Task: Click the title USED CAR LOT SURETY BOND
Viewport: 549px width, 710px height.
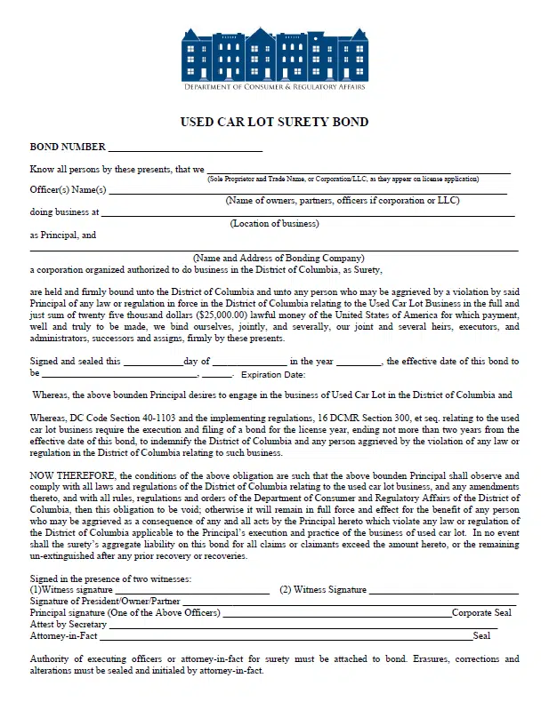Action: click(274, 122)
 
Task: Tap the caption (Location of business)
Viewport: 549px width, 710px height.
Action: click(274, 223)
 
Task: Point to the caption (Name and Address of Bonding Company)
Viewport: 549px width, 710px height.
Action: click(279, 258)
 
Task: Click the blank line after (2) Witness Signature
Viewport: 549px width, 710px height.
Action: click(443, 590)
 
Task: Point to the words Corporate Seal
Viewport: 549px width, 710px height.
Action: click(481, 613)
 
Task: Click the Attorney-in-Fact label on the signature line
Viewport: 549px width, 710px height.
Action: click(64, 636)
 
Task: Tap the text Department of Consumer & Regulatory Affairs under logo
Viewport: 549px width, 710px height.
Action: click(274, 86)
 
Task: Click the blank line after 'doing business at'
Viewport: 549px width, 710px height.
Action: click(308, 213)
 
